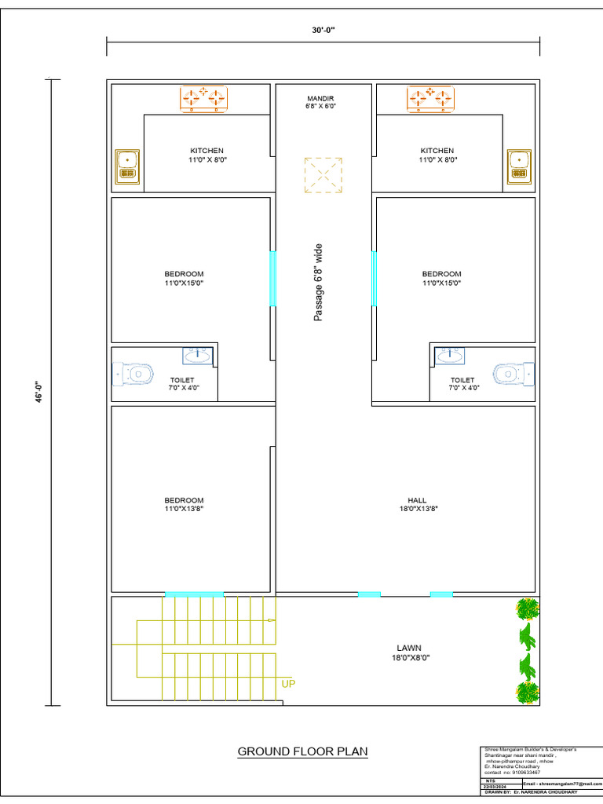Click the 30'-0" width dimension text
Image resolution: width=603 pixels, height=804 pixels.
(x=323, y=30)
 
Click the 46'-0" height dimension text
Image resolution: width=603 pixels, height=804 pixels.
(x=37, y=392)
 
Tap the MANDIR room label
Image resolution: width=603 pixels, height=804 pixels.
(x=320, y=99)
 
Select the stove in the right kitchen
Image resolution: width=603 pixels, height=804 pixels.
(x=430, y=98)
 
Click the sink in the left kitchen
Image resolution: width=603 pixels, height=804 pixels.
(x=127, y=166)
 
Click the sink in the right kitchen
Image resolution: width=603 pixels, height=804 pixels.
(x=518, y=166)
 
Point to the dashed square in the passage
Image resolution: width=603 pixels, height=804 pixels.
(x=323, y=174)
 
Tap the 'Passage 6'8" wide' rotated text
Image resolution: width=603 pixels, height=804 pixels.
(x=319, y=282)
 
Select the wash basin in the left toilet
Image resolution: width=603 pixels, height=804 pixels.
(x=197, y=356)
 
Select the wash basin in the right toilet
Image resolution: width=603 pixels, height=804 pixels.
(x=449, y=356)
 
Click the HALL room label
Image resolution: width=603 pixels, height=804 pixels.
(x=417, y=499)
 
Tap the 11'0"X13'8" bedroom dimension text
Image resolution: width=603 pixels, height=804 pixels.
(x=184, y=509)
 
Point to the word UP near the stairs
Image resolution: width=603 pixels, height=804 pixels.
(x=288, y=683)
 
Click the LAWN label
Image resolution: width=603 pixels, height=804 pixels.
(x=409, y=648)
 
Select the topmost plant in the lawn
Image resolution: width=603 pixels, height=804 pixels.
(x=528, y=608)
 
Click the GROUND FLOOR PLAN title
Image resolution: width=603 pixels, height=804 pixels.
(x=302, y=751)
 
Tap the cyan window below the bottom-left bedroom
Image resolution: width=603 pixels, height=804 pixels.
(x=194, y=594)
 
